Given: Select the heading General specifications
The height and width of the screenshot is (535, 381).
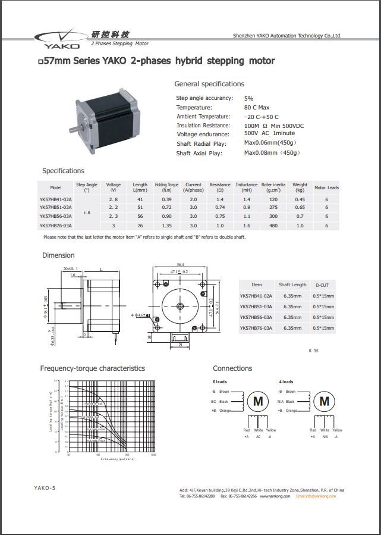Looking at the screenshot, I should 209,84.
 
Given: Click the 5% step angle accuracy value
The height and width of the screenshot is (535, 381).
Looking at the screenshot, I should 248,98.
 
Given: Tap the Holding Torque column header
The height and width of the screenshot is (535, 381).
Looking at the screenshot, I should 166,187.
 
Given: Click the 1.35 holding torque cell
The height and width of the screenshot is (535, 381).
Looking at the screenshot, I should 166,226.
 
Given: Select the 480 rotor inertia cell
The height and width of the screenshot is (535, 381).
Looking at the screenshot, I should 273,226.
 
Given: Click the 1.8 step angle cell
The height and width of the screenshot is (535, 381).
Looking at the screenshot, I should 87,212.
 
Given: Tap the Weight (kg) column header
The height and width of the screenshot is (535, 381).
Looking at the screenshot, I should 300,187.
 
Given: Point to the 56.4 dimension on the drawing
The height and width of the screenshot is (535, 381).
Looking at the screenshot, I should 180,265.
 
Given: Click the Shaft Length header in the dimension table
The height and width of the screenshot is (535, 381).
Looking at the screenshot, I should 292,285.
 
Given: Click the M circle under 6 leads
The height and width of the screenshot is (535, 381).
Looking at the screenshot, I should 258,402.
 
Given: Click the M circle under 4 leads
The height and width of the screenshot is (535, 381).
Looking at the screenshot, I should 324,402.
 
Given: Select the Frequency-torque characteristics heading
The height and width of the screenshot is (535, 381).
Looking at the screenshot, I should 92,368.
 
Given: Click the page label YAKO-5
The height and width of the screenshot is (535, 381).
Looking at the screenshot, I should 45,488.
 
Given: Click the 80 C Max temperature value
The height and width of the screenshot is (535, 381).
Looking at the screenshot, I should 257,108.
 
